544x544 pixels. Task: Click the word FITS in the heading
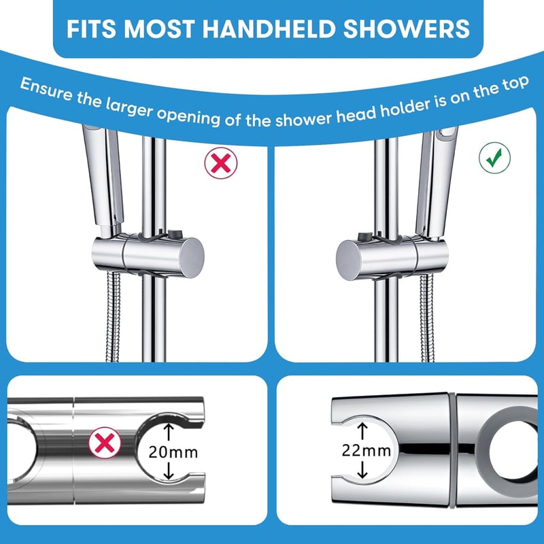(x=91, y=29)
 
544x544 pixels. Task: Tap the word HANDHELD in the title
(x=269, y=29)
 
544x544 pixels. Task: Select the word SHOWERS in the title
(x=407, y=29)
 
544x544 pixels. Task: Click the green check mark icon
(x=494, y=158)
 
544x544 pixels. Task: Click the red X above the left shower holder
(x=220, y=163)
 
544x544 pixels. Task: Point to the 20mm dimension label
(x=173, y=452)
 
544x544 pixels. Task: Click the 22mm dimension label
(x=367, y=450)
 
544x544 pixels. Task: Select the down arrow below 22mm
(x=362, y=469)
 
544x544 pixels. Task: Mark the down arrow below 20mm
(x=169, y=471)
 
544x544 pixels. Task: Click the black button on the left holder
(x=175, y=233)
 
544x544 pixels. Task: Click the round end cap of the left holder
(x=192, y=258)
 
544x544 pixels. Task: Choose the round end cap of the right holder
(x=349, y=260)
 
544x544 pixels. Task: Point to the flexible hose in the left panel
(x=114, y=317)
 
